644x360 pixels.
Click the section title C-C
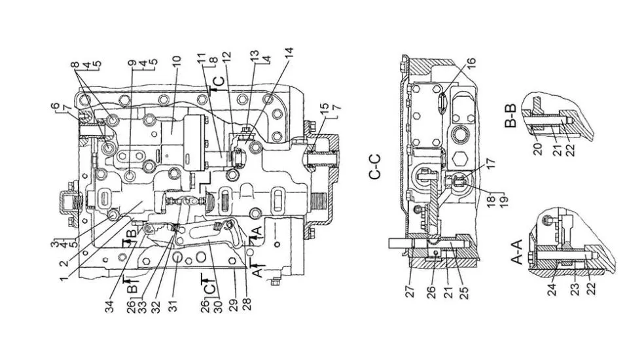[x=374, y=167]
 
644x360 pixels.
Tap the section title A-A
[x=516, y=251]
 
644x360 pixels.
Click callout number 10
[x=176, y=64]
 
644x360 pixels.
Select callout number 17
[x=492, y=163]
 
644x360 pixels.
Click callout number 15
[x=325, y=109]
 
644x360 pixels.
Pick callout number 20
[x=537, y=149]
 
